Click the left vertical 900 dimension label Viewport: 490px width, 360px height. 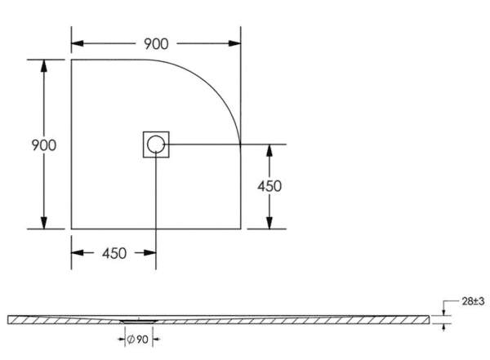click(x=42, y=145)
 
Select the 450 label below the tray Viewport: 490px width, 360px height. click(x=114, y=253)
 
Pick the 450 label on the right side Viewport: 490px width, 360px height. click(x=269, y=186)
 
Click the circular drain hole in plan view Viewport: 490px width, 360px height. click(x=155, y=145)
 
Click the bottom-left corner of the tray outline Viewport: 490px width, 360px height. click(x=72, y=229)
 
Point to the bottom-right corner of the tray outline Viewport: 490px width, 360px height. click(x=240, y=229)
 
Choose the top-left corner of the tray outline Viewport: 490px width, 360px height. click(x=72, y=60)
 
